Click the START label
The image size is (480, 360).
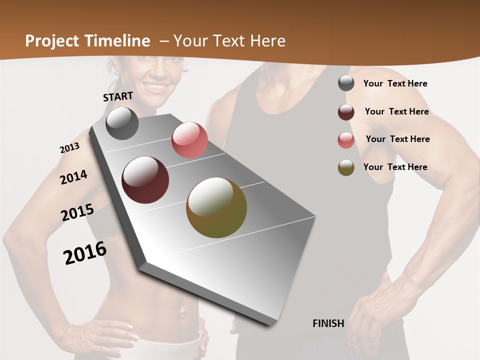click(118, 96)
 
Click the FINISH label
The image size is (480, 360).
click(328, 323)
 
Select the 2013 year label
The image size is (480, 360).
click(69, 148)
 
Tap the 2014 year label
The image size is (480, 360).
click(73, 177)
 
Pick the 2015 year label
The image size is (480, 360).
click(77, 212)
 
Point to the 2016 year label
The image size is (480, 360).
click(85, 253)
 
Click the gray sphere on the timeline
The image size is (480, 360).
click(122, 123)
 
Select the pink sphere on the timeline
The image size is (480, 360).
click(189, 140)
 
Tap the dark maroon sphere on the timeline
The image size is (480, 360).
click(145, 180)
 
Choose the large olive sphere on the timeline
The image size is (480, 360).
click(216, 207)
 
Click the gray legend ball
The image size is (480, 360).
click(346, 83)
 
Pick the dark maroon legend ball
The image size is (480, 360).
click(346, 112)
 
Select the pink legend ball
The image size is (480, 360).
click(346, 140)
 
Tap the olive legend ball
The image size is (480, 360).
click(346, 167)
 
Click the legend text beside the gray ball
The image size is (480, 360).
click(395, 83)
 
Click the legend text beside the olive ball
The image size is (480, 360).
click(395, 167)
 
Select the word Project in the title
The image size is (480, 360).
click(52, 41)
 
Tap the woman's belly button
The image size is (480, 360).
click(182, 313)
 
